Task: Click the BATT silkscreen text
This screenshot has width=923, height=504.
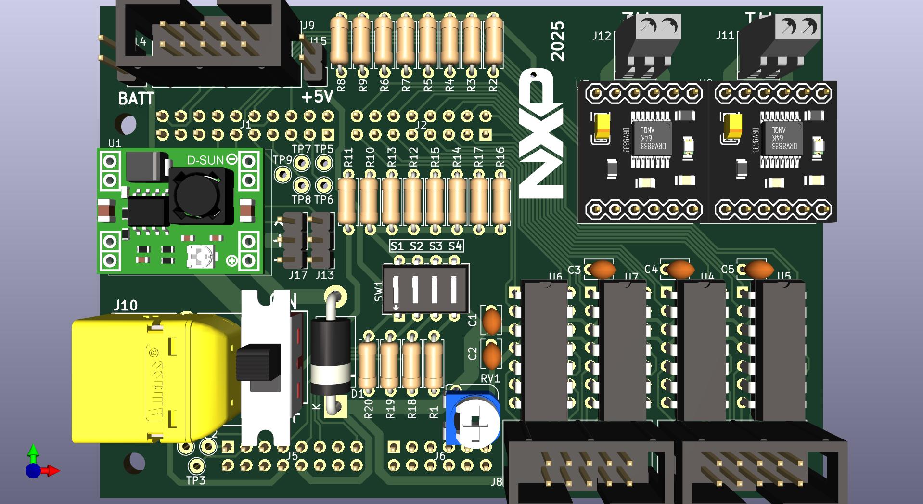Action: click(x=136, y=99)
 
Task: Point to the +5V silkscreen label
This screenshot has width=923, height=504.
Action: click(x=317, y=97)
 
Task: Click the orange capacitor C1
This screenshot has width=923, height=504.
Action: click(x=492, y=321)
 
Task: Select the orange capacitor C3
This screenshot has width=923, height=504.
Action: click(x=602, y=270)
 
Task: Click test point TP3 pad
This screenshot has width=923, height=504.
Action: click(x=196, y=465)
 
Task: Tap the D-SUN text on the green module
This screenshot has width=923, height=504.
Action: click(x=205, y=160)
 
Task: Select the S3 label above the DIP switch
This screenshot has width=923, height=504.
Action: click(x=436, y=246)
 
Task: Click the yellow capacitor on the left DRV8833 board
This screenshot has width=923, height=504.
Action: click(x=602, y=126)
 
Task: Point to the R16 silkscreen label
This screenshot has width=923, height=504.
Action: click(x=500, y=157)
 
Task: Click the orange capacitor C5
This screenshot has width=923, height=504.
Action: click(x=757, y=270)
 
